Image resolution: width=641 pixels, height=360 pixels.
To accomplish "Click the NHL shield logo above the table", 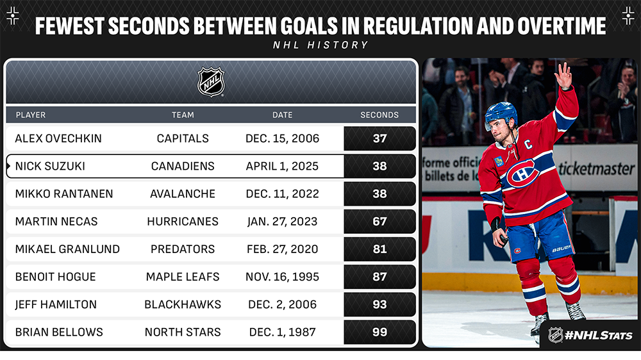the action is coord(211,82).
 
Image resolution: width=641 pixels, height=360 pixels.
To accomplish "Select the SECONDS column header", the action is coord(379,115).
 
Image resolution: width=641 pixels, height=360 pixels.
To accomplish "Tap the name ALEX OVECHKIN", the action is coord(58,138).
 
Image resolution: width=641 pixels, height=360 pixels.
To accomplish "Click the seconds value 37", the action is coord(379,138).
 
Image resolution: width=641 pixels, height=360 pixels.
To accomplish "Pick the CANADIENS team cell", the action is coord(183,166).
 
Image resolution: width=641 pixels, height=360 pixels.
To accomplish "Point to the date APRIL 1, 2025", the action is coord(282,166).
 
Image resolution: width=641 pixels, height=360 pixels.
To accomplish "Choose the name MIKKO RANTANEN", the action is coord(64,193).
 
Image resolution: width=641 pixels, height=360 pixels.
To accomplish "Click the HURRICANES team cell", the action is coord(183,222).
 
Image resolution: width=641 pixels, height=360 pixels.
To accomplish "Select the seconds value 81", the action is coord(379,249).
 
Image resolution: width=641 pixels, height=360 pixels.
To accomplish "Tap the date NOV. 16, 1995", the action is coord(283,277).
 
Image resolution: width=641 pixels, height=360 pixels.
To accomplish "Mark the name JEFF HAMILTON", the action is coord(56,304).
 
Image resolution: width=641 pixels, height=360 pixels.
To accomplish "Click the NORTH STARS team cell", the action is coord(183,332).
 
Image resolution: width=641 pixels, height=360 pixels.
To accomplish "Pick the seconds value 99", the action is coord(379,332).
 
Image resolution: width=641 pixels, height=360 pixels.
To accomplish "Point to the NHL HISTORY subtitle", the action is coord(321,45).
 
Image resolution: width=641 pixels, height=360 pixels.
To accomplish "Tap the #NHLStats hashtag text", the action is coord(599,336).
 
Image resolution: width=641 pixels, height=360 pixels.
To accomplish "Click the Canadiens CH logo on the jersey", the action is coord(522,173).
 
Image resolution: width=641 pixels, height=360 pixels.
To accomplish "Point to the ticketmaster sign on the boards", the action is coord(596,168).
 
